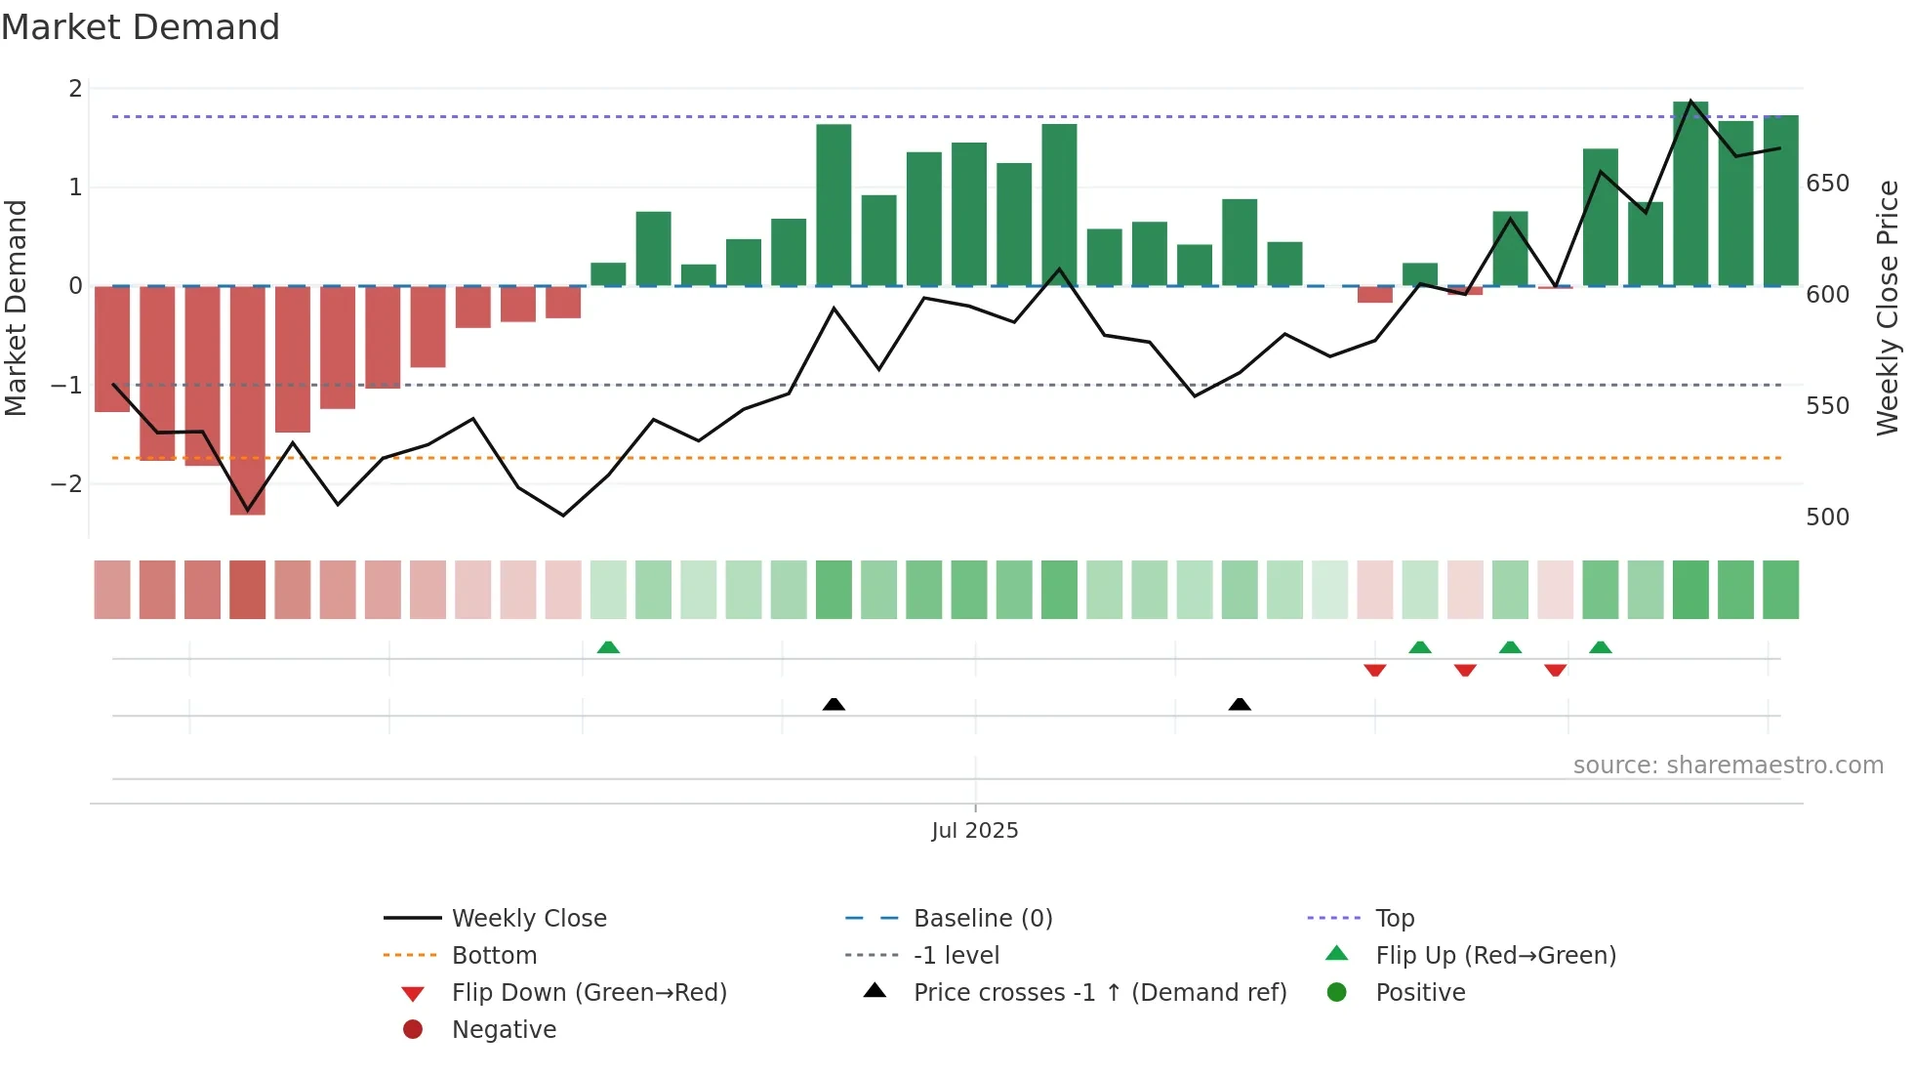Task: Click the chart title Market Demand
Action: pos(141,27)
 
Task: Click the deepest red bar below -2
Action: pos(247,400)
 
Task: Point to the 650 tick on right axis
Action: pos(1827,184)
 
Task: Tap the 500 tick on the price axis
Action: pos(1827,517)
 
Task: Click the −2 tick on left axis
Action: pos(66,483)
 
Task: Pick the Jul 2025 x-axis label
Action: pos(974,830)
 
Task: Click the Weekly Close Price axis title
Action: pos(1888,308)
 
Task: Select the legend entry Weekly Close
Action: pos(528,918)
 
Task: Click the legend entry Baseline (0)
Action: pos(982,918)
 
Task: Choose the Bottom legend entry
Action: pos(494,955)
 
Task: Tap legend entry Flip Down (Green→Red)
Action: pos(589,992)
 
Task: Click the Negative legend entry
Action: pos(504,1029)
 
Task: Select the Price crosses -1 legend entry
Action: pos(1099,992)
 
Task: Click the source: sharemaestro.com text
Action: pos(1728,765)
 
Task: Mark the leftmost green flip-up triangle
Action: pos(608,647)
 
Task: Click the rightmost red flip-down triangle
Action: pos(1555,670)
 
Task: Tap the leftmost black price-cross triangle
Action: pos(834,704)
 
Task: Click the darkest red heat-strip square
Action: pos(247,590)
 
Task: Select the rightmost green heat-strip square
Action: pos(1780,590)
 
